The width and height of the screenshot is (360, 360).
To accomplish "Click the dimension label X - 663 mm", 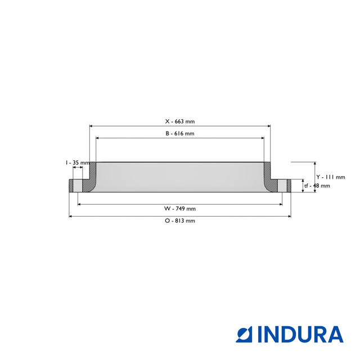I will tap(179, 121).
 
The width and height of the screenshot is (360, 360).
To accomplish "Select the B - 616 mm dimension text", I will tap(179, 133).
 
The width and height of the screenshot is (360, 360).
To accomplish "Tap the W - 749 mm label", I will tap(179, 209).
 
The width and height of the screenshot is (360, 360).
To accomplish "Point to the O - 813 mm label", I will tap(179, 221).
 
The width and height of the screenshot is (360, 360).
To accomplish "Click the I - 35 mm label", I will tap(76, 163).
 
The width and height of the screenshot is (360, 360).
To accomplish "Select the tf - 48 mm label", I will tap(317, 186).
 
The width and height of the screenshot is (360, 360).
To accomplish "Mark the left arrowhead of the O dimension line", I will tap(70, 216).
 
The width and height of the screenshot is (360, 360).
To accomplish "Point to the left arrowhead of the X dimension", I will tap(91, 126).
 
